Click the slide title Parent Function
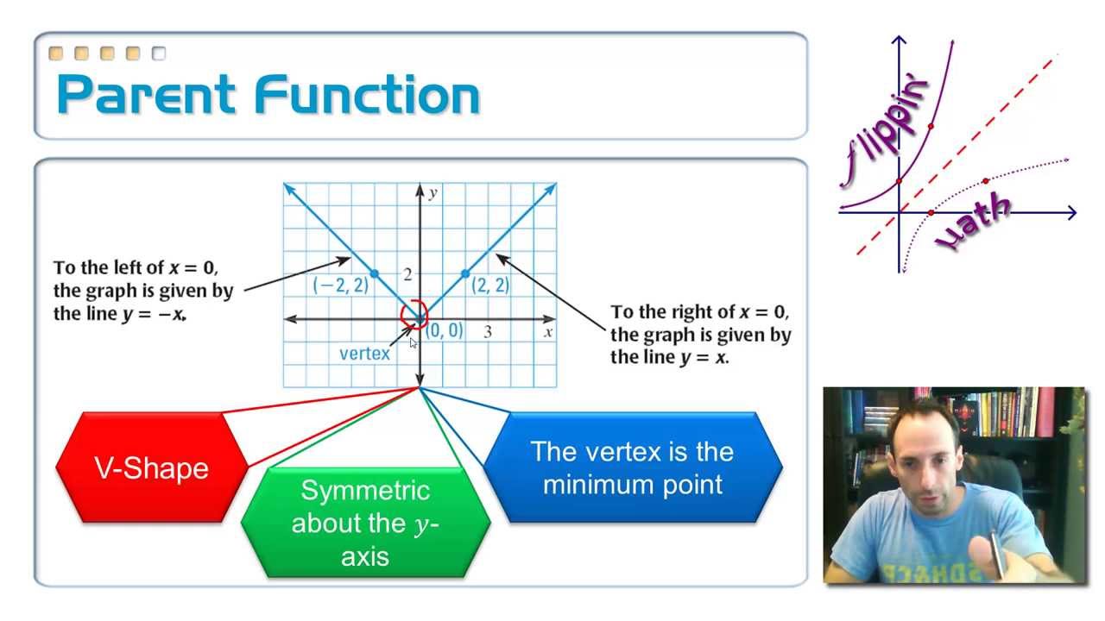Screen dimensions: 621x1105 click(268, 95)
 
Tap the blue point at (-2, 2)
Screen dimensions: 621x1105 click(374, 274)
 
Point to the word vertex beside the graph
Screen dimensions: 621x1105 click(364, 353)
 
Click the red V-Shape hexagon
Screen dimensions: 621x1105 click(151, 468)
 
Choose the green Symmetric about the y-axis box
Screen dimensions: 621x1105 click(365, 523)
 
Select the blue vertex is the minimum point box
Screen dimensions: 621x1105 click(633, 467)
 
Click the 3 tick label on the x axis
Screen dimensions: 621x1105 click(488, 331)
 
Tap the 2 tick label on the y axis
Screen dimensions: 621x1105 click(407, 274)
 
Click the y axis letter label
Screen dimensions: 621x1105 click(432, 192)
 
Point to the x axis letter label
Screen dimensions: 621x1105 click(548, 331)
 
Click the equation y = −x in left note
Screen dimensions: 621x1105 click(155, 314)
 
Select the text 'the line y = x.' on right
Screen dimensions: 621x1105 click(669, 357)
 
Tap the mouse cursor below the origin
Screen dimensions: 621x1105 click(413, 343)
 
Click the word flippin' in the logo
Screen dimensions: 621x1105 click(885, 129)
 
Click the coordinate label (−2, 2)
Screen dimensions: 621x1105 click(340, 285)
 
